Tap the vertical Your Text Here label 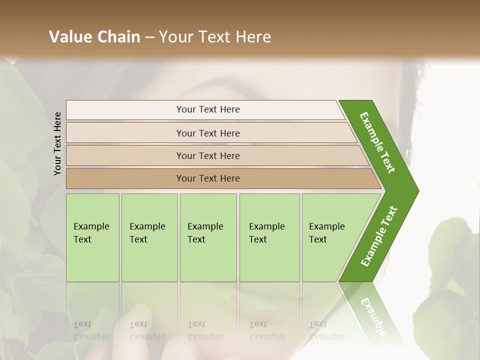[x=57, y=143]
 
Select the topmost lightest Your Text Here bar [x=207, y=109]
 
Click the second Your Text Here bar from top [x=207, y=133]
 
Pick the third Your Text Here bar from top [x=207, y=155]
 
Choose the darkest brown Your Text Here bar [x=207, y=178]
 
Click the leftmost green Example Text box [x=92, y=237]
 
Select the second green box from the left [x=149, y=237]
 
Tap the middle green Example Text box [x=207, y=237]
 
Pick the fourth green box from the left [x=269, y=237]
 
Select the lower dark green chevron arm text [x=379, y=236]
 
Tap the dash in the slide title [x=149, y=37]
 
